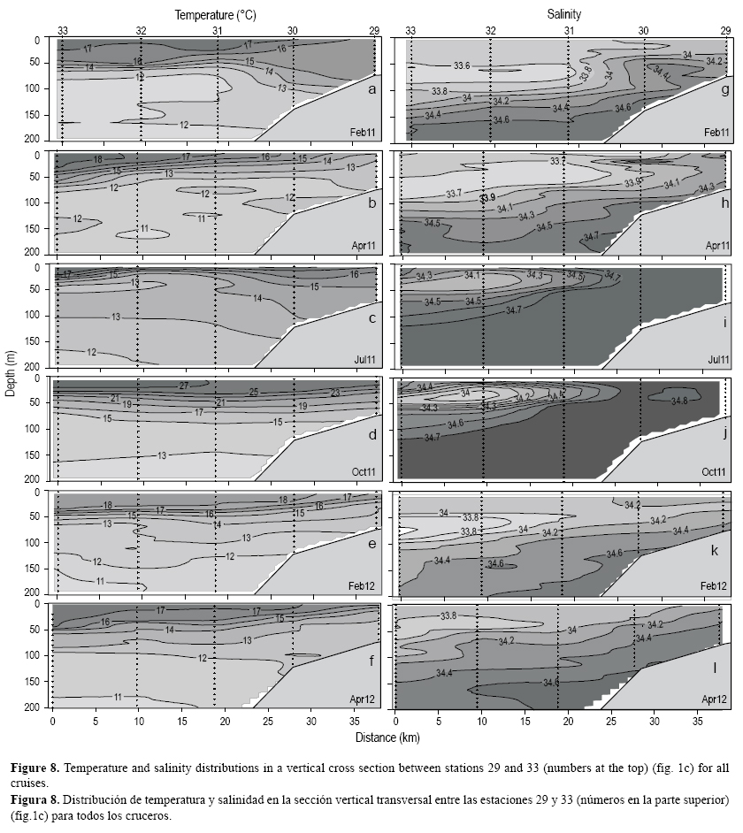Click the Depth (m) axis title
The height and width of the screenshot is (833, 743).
[10, 372]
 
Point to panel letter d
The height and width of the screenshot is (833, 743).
[372, 434]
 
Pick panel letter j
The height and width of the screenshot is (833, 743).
[723, 434]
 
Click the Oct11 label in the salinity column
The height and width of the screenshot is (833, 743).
[714, 472]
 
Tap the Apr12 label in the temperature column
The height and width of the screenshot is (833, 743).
[364, 699]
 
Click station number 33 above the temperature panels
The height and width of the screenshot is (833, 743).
[63, 31]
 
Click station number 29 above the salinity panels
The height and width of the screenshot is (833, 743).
[725, 31]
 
